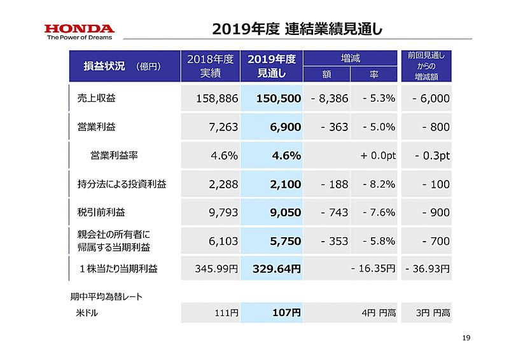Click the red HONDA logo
pyautogui.click(x=80, y=29)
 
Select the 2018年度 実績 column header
pyautogui.click(x=210, y=66)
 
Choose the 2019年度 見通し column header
pyautogui.click(x=272, y=66)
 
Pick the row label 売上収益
pyautogui.click(x=97, y=99)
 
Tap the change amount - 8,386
pyautogui.click(x=330, y=99)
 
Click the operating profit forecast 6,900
pyautogui.click(x=285, y=127)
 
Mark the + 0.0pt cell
pyautogui.click(x=378, y=156)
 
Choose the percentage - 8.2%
pyautogui.click(x=379, y=184)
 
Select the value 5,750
pyautogui.click(x=285, y=241)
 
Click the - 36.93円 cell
pyautogui.click(x=427, y=269)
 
